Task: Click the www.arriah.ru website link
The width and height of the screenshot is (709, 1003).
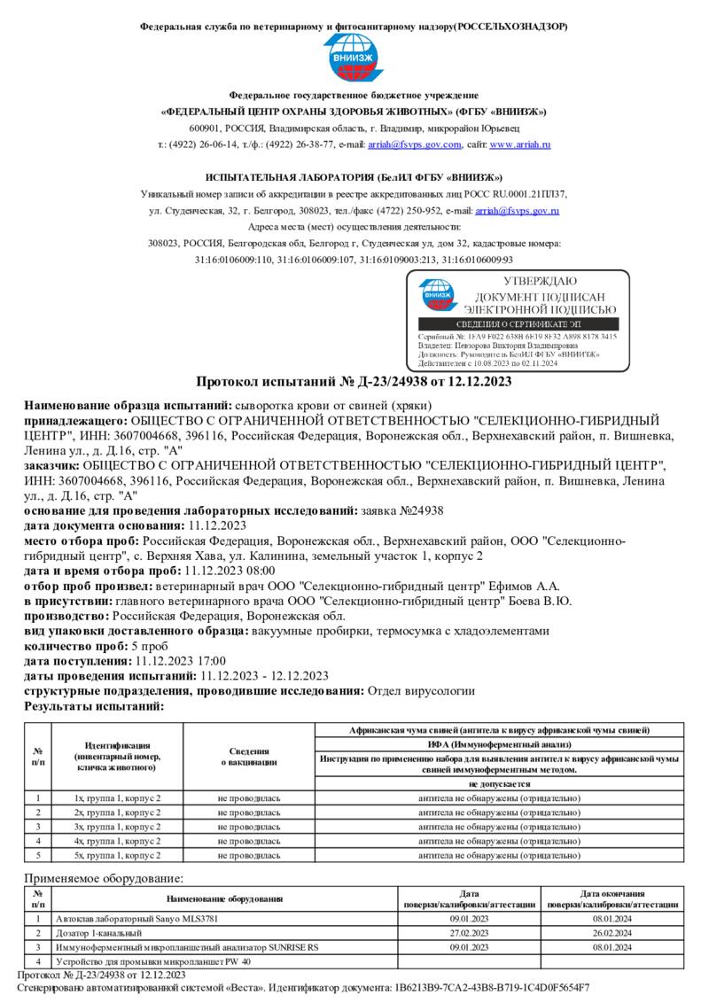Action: coord(523,144)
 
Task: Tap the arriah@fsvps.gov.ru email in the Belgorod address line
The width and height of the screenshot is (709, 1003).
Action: coord(518,211)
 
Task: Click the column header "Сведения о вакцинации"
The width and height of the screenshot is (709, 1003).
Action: coord(249,756)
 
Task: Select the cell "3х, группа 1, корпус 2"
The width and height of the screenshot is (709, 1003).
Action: coord(118,827)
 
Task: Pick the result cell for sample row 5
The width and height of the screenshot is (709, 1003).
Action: coord(499,855)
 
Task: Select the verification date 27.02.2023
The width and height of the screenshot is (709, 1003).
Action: coord(470,933)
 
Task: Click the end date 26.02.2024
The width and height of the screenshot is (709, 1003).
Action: coord(612,933)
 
